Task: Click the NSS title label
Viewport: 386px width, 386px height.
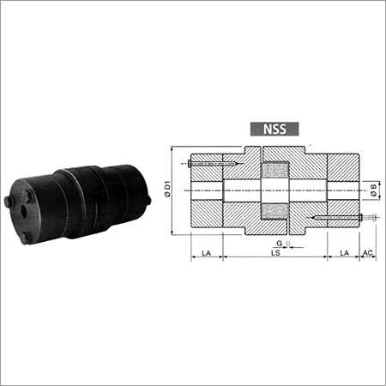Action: [274, 131]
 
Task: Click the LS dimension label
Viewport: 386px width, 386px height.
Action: [274, 255]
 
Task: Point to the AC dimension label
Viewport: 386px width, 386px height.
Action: [368, 255]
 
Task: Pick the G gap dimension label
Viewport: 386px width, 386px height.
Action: [280, 244]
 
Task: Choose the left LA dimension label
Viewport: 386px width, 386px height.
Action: [206, 255]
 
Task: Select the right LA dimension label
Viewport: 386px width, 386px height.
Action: [343, 255]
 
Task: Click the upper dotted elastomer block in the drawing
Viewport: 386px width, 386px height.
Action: [274, 169]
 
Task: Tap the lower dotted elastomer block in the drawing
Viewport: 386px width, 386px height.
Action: [274, 211]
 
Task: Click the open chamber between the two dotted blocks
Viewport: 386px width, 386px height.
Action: [274, 190]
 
